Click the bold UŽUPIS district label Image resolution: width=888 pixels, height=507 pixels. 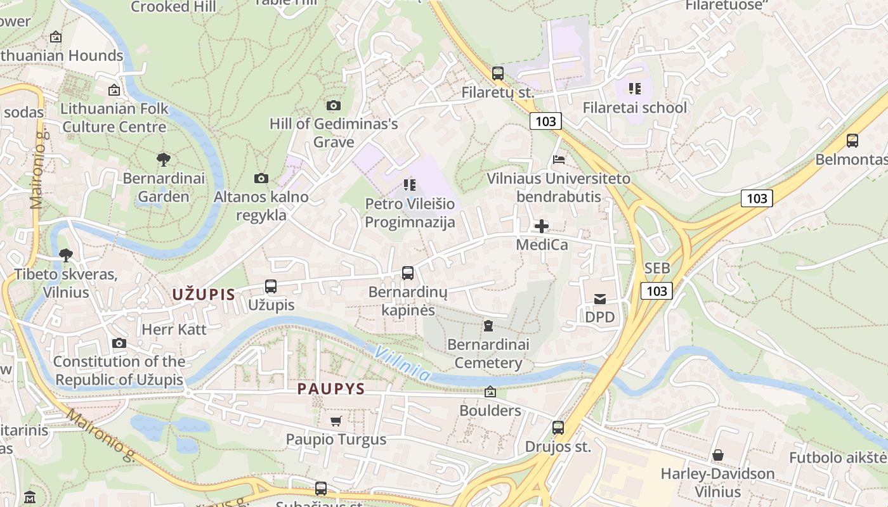pyautogui.click(x=204, y=294)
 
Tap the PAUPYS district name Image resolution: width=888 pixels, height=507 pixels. pyautogui.click(x=331, y=388)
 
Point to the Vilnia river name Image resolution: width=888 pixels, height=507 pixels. pyautogui.click(x=402, y=364)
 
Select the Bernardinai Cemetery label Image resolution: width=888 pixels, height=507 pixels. pyautogui.click(x=488, y=354)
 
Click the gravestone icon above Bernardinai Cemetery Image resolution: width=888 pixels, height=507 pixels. pyautogui.click(x=488, y=326)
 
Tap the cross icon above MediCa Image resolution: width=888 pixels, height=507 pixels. pyautogui.click(x=541, y=226)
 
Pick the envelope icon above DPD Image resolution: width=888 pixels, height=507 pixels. pyautogui.click(x=600, y=299)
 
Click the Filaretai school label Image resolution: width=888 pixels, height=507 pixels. pyautogui.click(x=634, y=107)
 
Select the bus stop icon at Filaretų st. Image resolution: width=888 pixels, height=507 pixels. pyautogui.click(x=498, y=74)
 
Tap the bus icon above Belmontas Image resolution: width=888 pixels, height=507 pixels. pyautogui.click(x=852, y=141)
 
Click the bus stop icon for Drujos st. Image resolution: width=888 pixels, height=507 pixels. pyautogui.click(x=558, y=428)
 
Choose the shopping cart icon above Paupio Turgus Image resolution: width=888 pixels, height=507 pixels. pyautogui.click(x=336, y=421)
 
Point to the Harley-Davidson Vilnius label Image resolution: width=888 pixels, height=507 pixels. pyautogui.click(x=717, y=482)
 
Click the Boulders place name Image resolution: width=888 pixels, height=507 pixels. pyautogui.click(x=490, y=411)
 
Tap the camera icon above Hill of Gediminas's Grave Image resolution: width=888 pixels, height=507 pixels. pyautogui.click(x=334, y=105)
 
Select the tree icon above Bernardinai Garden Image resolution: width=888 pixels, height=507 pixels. pyautogui.click(x=164, y=159)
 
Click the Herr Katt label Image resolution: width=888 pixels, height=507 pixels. pyautogui.click(x=174, y=330)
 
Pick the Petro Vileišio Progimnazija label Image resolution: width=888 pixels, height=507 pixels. pyautogui.click(x=410, y=213)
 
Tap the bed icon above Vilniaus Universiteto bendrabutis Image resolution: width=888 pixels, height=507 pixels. pyautogui.click(x=558, y=159)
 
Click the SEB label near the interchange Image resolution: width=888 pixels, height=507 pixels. pyautogui.click(x=657, y=268)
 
